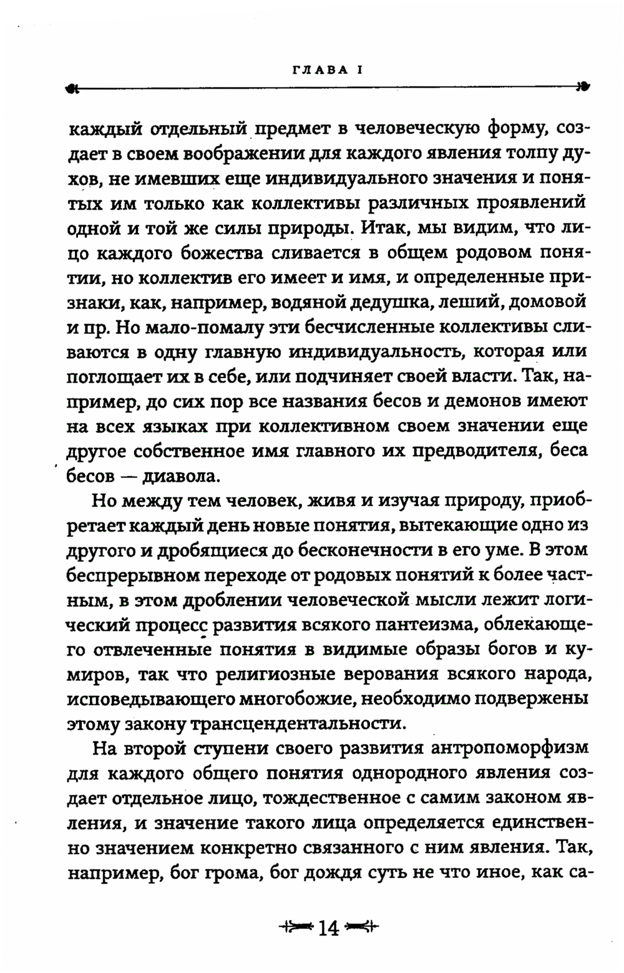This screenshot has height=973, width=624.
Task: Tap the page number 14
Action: pyautogui.click(x=328, y=928)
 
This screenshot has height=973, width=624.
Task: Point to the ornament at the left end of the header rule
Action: pyautogui.click(x=72, y=89)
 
